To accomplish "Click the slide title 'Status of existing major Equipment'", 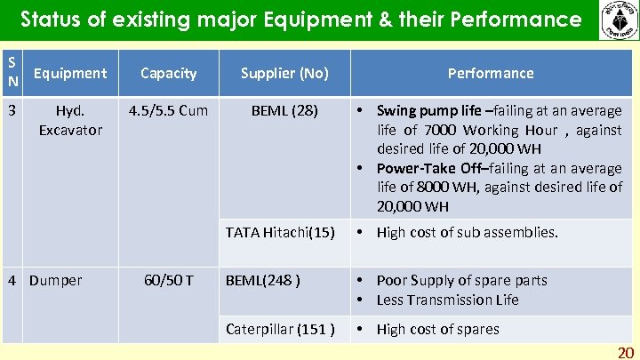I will (x=300, y=20).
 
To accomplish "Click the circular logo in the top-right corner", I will (x=617, y=20).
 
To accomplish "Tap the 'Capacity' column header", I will (x=168, y=73).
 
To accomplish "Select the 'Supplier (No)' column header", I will (x=284, y=73).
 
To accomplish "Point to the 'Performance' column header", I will (x=490, y=73).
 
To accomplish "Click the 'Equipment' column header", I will (x=69, y=73).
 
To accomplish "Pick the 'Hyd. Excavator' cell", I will (x=69, y=120).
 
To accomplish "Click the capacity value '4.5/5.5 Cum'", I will (x=168, y=111).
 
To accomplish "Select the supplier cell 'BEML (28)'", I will (x=284, y=111).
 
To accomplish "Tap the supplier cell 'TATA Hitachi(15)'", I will (x=280, y=232).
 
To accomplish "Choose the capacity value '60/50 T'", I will (x=168, y=280).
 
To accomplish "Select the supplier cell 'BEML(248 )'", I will (x=263, y=280).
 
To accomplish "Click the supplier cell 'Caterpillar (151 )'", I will (x=280, y=329).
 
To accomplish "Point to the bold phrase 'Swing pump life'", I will (x=429, y=111).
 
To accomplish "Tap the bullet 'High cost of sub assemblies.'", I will (x=467, y=232).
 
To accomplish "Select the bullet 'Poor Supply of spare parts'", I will (x=461, y=280).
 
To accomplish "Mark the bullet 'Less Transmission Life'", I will (x=447, y=300).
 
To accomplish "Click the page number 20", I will (x=626, y=352).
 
